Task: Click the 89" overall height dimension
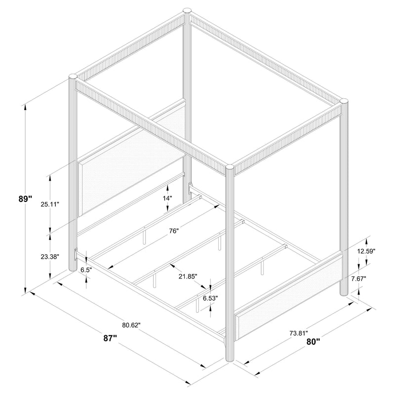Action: click(x=25, y=199)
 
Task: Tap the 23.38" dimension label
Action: click(x=49, y=257)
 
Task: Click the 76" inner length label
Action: click(x=173, y=231)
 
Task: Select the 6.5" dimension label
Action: click(x=87, y=270)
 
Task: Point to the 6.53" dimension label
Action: click(x=210, y=298)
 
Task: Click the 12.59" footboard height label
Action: click(x=366, y=251)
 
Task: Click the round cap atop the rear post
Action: click(x=188, y=10)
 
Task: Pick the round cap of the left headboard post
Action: click(x=73, y=77)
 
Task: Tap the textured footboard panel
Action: click(x=291, y=292)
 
